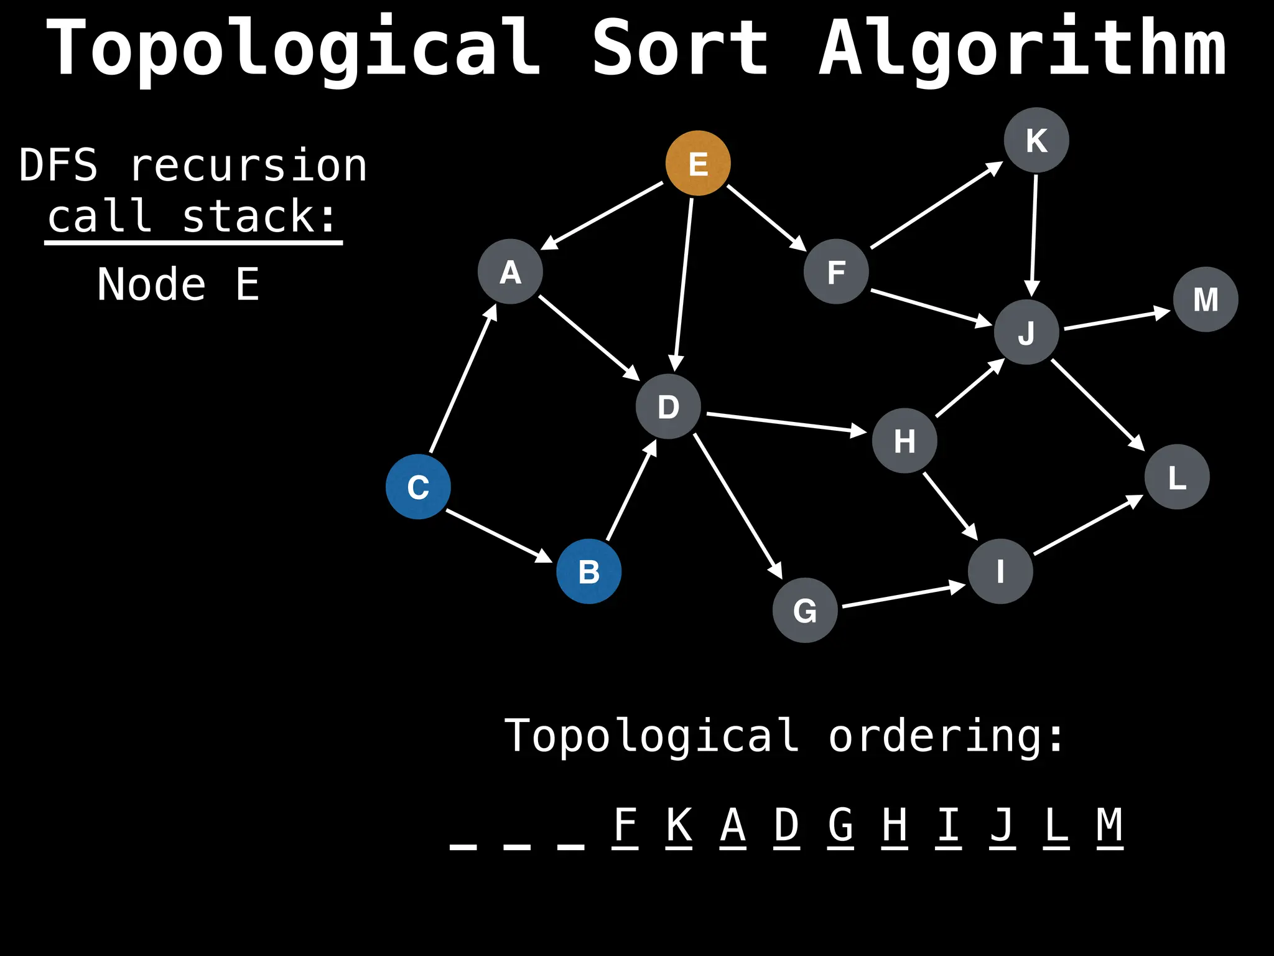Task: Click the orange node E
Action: (x=698, y=163)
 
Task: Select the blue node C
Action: (x=418, y=487)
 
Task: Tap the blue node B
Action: (x=588, y=571)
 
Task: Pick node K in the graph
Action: (x=1036, y=140)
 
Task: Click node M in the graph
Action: (x=1206, y=299)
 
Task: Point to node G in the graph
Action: (x=805, y=610)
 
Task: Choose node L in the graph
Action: (x=1177, y=477)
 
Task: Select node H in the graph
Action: (x=904, y=441)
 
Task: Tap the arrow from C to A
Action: (x=463, y=378)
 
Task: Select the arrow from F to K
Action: (x=936, y=205)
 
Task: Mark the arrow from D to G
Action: (x=738, y=506)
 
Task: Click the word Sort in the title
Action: (x=680, y=49)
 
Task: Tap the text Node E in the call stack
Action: (x=179, y=284)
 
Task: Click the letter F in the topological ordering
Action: (x=625, y=825)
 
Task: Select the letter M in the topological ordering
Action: (x=1110, y=825)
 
